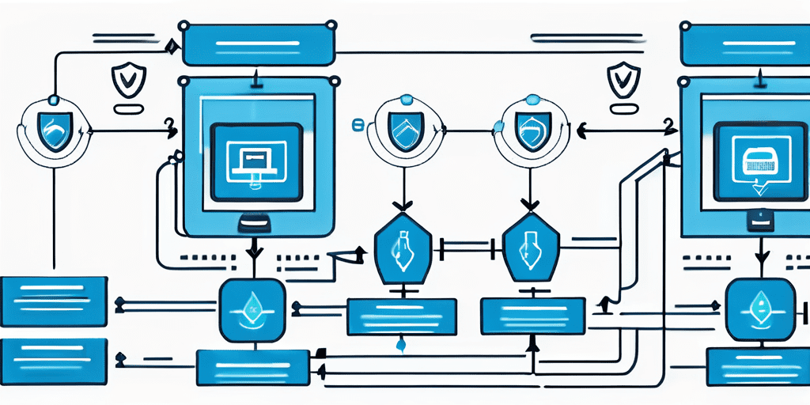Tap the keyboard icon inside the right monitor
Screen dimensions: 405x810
[759, 163]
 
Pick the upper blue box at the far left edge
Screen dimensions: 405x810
[54, 301]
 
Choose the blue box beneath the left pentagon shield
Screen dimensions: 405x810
[402, 316]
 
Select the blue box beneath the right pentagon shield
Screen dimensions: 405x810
[533, 316]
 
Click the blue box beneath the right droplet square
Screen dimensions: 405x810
[758, 366]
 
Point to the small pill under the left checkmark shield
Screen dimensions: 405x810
[126, 108]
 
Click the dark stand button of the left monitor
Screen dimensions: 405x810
[255, 223]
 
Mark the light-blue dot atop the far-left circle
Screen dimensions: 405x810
[54, 100]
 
